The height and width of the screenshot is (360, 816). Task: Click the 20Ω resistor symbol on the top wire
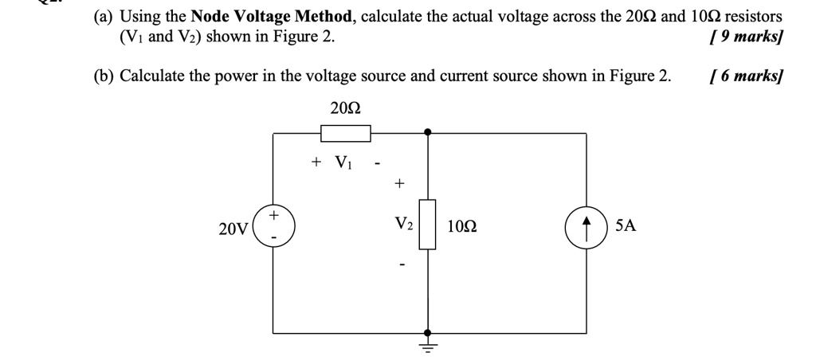(x=345, y=132)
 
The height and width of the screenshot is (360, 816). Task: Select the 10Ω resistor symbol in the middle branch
(x=428, y=225)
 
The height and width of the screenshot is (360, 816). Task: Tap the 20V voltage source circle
(x=273, y=225)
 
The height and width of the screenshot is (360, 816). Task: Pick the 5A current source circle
(x=586, y=225)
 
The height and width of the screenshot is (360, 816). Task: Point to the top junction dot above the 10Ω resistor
(x=428, y=132)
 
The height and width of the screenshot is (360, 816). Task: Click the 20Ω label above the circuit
(x=344, y=107)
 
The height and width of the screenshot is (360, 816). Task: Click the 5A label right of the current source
(x=626, y=226)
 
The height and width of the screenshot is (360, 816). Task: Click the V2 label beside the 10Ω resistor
(x=403, y=225)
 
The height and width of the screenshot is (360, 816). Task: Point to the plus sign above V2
(x=398, y=184)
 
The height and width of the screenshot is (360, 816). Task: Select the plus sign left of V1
(x=316, y=162)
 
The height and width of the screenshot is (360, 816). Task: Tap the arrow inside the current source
(x=586, y=225)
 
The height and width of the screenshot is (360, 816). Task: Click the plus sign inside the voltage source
(x=274, y=215)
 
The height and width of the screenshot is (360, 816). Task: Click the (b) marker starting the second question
(x=103, y=76)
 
